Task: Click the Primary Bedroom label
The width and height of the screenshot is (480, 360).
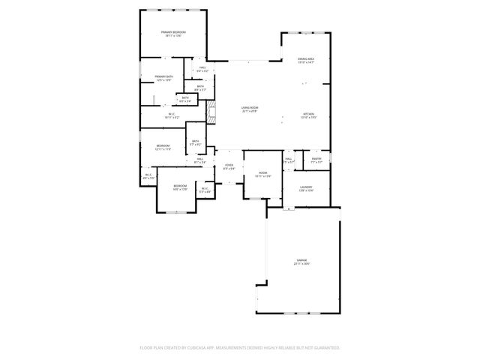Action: [174, 33]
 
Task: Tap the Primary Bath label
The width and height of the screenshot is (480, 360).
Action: [165, 77]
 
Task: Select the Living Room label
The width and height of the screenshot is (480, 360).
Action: [250, 108]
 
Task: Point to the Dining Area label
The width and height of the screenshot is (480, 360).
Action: [305, 58]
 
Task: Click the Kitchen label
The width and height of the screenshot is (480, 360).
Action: [309, 114]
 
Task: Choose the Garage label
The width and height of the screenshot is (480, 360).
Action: [301, 260]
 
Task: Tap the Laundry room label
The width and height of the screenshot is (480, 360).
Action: [305, 187]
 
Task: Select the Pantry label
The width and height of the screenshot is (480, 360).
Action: [317, 158]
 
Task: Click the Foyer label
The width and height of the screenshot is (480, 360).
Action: [229, 166]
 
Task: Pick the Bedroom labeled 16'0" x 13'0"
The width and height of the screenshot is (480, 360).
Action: [180, 186]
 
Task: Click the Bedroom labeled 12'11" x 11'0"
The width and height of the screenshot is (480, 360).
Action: [163, 145]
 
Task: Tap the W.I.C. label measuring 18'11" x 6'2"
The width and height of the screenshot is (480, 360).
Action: [172, 114]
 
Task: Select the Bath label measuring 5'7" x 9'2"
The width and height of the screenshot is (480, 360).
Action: [195, 141]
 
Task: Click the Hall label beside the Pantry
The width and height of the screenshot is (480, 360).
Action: [289, 158]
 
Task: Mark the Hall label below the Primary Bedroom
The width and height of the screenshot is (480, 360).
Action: [202, 67]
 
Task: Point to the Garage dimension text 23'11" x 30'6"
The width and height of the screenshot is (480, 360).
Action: [301, 264]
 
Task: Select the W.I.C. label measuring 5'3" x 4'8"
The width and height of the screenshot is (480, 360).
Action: [205, 189]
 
